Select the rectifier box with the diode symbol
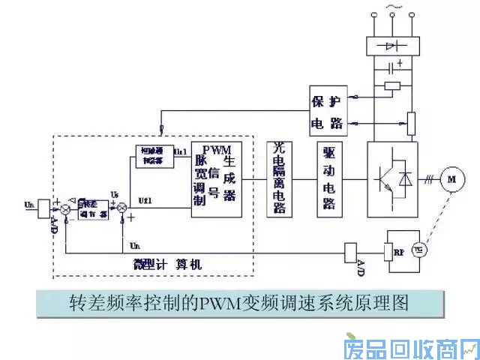pyautogui.click(x=391, y=46)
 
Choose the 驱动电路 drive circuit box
pyautogui.click(x=329, y=178)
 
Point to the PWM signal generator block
pyautogui.click(x=216, y=178)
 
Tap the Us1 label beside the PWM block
pyautogui.click(x=181, y=151)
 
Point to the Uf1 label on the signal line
pyautogui.click(x=147, y=201)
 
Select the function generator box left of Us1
pyautogui.click(x=154, y=156)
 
